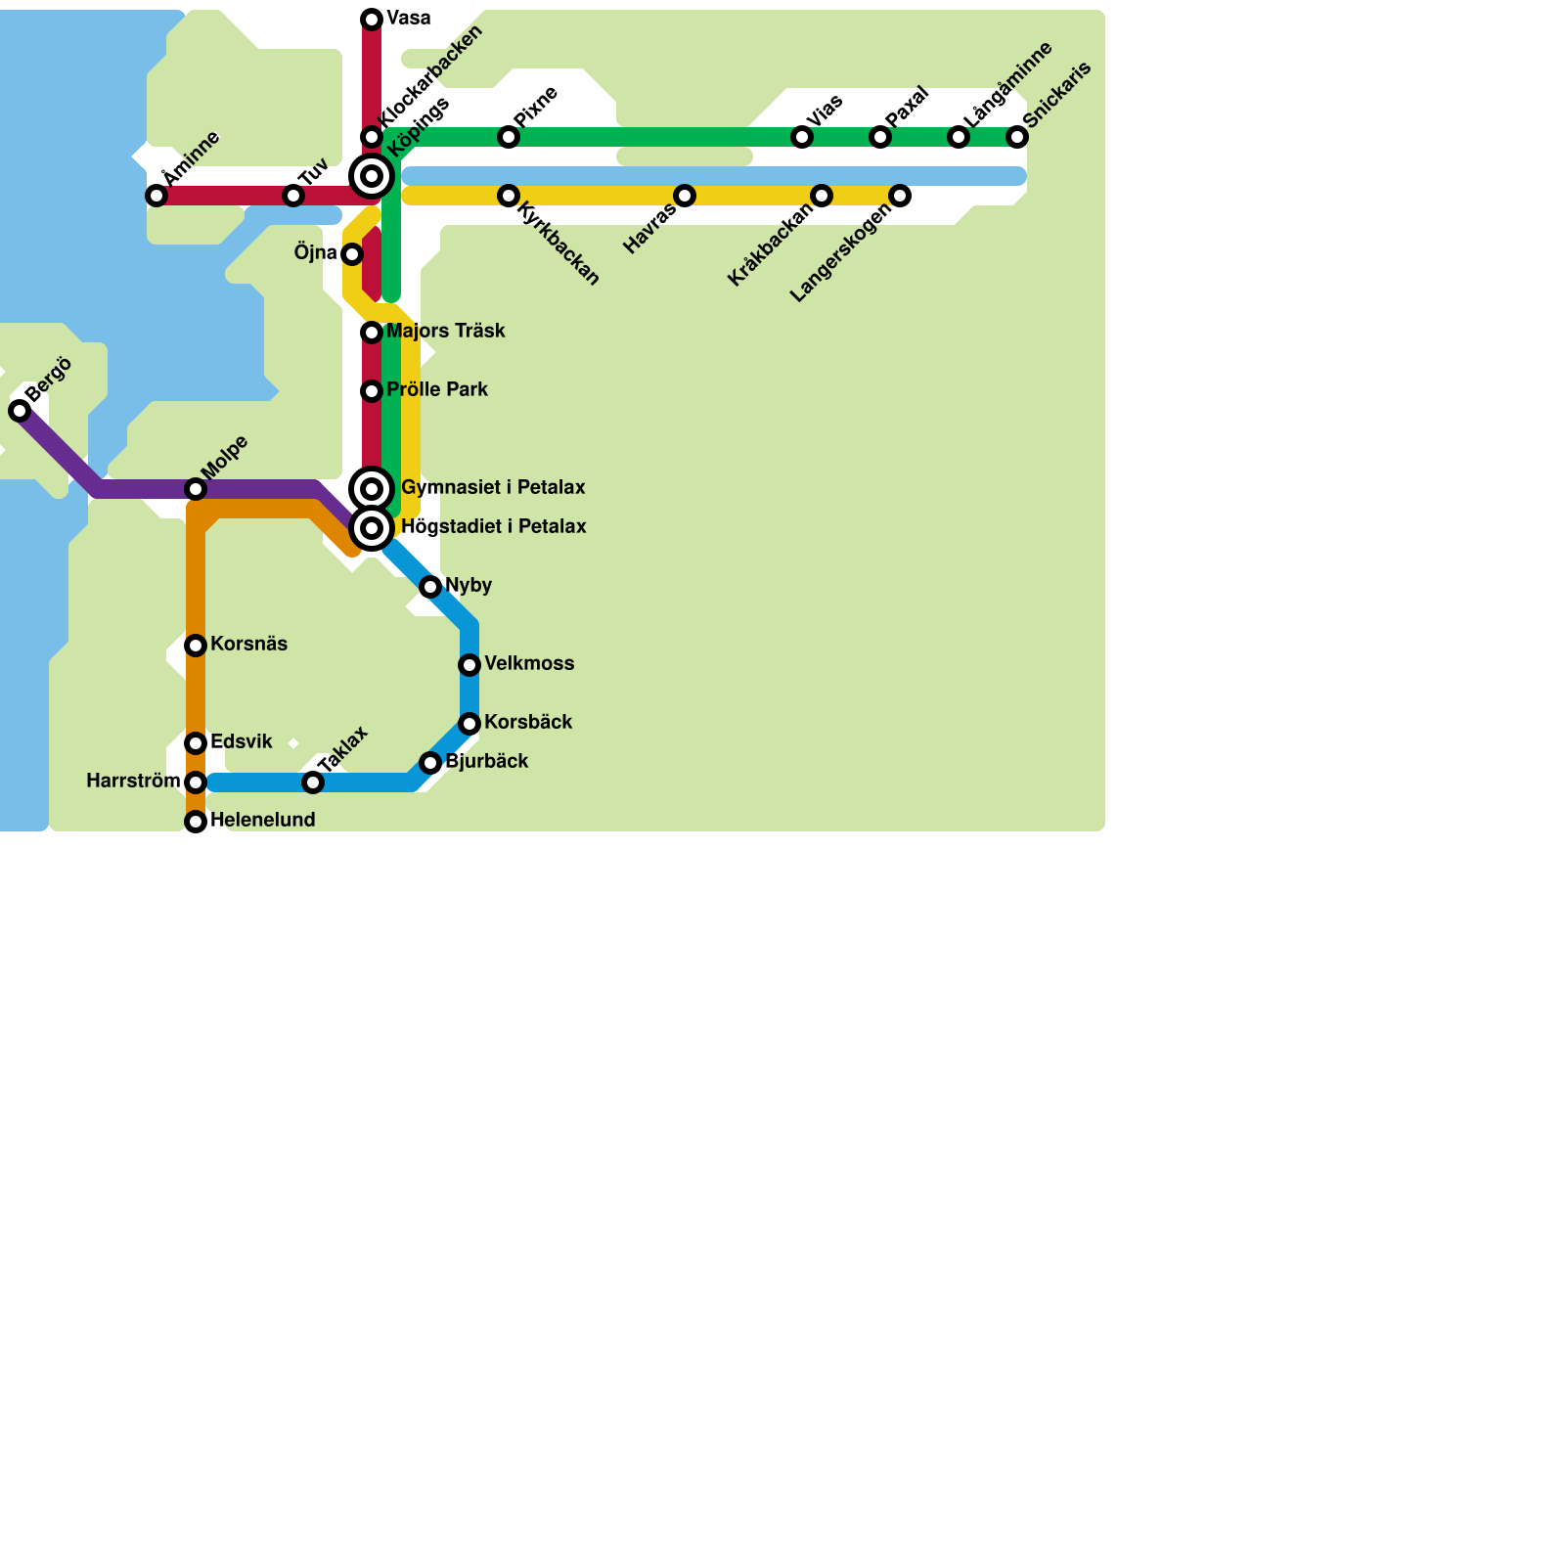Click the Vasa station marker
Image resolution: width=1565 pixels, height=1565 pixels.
click(x=372, y=20)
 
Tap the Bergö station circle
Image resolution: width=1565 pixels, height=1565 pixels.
click(x=20, y=411)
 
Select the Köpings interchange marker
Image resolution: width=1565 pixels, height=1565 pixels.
click(x=372, y=176)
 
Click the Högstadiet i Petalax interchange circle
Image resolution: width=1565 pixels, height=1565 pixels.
click(x=372, y=528)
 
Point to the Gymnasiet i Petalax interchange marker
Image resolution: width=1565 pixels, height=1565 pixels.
click(x=372, y=489)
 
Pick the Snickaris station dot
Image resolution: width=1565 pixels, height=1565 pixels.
click(x=1017, y=137)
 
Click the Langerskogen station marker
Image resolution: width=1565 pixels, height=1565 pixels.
click(x=900, y=196)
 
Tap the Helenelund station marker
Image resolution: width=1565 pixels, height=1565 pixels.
click(x=196, y=822)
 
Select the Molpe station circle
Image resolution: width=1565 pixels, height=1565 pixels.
click(x=196, y=489)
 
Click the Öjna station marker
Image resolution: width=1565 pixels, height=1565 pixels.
click(x=352, y=254)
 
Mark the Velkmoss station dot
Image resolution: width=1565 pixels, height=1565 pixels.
click(x=469, y=665)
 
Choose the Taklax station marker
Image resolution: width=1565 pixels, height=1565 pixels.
click(x=313, y=782)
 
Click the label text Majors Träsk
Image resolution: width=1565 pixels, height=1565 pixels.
click(x=445, y=332)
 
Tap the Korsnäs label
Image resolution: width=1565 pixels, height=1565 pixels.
click(x=248, y=645)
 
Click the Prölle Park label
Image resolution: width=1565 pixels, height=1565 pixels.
click(x=436, y=390)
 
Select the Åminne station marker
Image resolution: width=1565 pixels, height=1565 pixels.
click(x=156, y=196)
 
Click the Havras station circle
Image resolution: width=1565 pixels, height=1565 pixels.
click(x=685, y=196)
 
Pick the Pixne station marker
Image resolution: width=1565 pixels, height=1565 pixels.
click(x=509, y=137)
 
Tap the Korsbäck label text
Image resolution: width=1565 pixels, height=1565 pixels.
click(x=527, y=723)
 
